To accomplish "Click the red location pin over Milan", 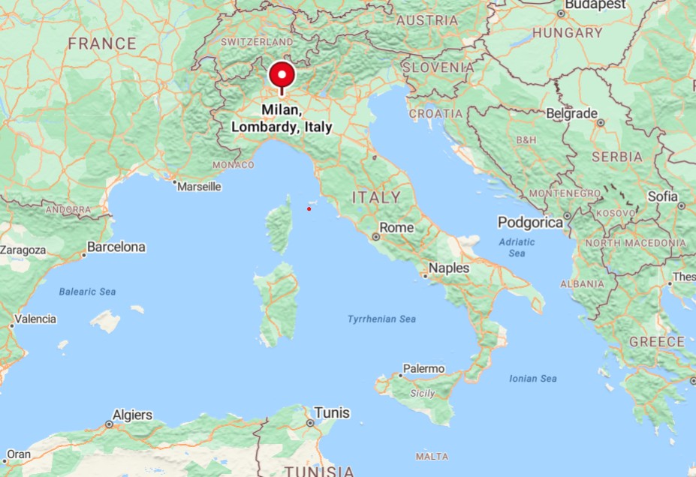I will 282,76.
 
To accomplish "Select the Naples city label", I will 449,268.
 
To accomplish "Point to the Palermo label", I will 423,368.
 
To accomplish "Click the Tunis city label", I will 332,412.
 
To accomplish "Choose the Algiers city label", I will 132,415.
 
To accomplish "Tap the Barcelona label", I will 116,247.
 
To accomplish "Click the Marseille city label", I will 199,186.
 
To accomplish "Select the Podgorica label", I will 530,223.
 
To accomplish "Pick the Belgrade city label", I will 571,113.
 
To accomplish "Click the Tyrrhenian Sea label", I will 381,319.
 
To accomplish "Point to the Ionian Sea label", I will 533,379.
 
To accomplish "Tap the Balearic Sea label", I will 88,292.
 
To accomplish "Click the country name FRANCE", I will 102,43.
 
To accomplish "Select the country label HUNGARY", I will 568,33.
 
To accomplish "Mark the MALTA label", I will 432,456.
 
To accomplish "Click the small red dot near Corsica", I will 309,208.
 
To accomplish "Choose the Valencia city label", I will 35,319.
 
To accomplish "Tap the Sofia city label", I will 662,196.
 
